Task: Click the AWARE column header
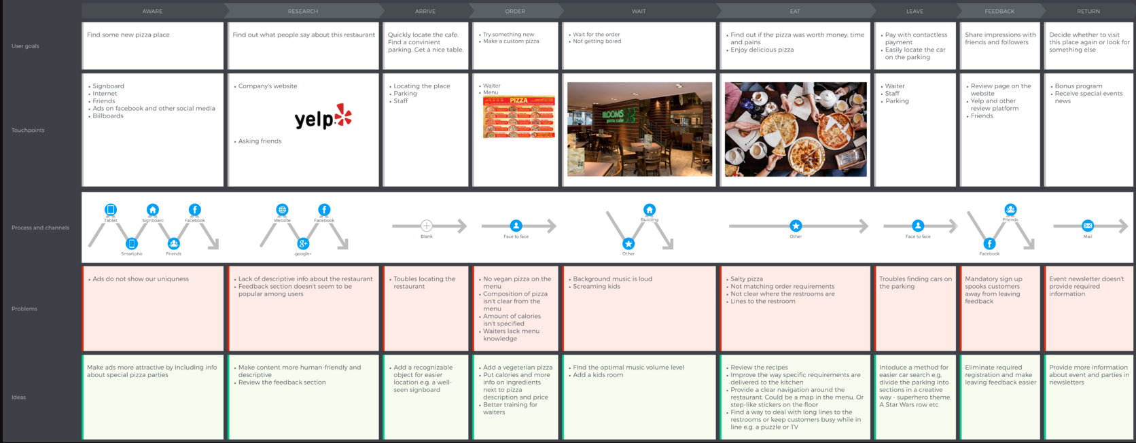click(x=152, y=11)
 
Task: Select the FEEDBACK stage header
click(x=999, y=11)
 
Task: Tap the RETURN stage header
click(x=1088, y=11)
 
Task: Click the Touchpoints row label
click(x=28, y=130)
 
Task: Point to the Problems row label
click(x=24, y=309)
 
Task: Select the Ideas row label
click(x=19, y=397)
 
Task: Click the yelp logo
click(x=323, y=117)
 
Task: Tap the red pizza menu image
click(x=518, y=117)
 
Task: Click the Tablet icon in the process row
click(x=111, y=210)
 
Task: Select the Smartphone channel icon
click(x=132, y=243)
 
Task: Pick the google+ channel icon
click(x=303, y=243)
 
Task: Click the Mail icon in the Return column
click(x=1088, y=226)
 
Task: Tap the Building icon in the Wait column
click(x=650, y=210)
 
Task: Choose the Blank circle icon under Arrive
click(x=427, y=226)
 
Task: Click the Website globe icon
click(x=282, y=210)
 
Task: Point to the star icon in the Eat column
click(x=796, y=226)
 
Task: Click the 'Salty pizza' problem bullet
click(x=746, y=279)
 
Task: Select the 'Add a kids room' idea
click(x=598, y=375)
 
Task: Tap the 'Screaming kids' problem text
click(x=597, y=287)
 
